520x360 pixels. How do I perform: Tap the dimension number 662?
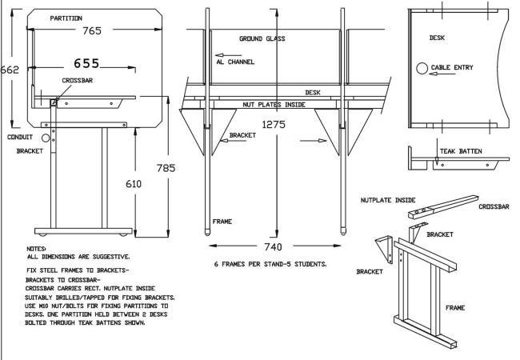pyautogui.click(x=10, y=70)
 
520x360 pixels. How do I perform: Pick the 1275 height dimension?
pyautogui.click(x=275, y=125)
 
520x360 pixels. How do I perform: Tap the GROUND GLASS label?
pyautogui.click(x=262, y=38)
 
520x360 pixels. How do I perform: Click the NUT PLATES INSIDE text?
pyautogui.click(x=275, y=105)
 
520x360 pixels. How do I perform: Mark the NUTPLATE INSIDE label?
pyautogui.click(x=390, y=200)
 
